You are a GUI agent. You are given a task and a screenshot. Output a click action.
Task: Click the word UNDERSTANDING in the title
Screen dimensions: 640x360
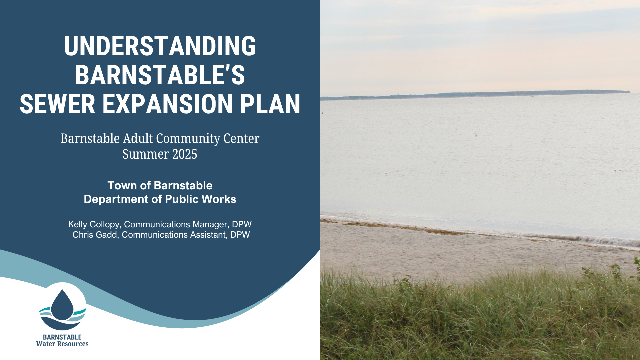tap(160, 46)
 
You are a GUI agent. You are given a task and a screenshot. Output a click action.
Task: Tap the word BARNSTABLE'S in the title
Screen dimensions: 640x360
tap(160, 75)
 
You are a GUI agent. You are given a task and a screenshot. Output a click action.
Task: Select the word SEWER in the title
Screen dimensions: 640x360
tap(58, 104)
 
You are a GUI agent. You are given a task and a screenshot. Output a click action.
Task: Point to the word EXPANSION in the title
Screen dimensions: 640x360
tap(167, 104)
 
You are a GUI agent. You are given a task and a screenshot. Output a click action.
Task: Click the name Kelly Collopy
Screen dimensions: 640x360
tap(94, 225)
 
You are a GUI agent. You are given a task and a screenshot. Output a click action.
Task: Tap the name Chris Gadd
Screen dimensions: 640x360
tap(95, 235)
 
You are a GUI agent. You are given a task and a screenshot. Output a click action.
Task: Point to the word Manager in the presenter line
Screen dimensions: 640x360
tap(212, 225)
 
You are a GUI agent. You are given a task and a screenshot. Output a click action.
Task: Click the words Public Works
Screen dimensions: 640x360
tap(201, 199)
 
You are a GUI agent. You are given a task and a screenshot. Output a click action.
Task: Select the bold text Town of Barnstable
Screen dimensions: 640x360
tap(160, 185)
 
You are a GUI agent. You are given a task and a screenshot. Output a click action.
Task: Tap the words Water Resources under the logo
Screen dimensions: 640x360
tap(62, 344)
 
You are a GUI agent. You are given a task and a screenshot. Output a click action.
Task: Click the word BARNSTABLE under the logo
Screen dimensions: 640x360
tap(62, 337)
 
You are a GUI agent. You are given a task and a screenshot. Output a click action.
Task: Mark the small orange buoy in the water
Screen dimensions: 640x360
tap(476, 135)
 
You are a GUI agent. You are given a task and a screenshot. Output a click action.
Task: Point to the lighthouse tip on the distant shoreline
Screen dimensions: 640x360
tap(629, 90)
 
